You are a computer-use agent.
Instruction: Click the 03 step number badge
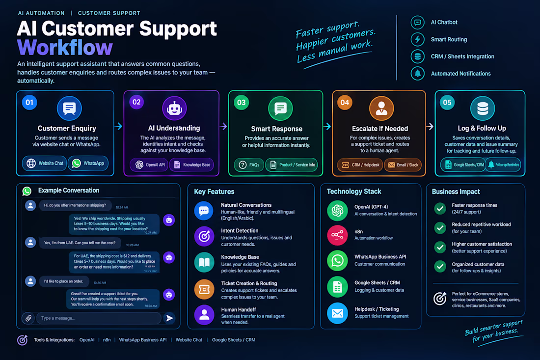242,102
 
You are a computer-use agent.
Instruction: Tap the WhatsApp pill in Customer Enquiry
88,163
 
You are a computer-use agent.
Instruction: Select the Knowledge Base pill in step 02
192,165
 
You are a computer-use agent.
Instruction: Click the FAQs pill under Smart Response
249,165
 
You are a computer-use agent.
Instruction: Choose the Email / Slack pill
403,165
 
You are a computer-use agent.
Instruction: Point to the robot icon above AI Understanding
174,108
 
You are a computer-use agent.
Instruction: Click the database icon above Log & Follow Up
483,108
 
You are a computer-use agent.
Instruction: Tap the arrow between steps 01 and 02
118,126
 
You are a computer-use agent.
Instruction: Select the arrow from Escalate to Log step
430,126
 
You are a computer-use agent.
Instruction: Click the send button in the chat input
169,318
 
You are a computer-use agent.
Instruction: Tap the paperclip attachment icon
28,318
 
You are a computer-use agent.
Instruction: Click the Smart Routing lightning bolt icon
417,39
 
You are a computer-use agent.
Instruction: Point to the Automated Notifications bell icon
417,73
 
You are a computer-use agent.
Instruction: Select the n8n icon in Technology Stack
337,235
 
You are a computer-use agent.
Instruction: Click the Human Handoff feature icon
204,315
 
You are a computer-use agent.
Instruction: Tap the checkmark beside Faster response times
440,208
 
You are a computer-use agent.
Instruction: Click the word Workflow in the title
65,48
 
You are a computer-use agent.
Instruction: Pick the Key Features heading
214,192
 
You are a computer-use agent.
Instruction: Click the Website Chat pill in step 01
45,163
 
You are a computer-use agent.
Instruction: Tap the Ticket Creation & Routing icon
204,289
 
